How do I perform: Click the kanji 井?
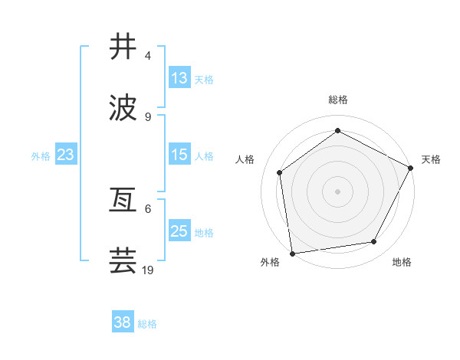tap(123, 47)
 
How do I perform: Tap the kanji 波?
tap(123, 108)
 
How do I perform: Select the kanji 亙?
tap(123, 201)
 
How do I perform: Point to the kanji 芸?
tap(123, 261)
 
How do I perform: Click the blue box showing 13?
tap(179, 78)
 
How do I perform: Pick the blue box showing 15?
tap(179, 155)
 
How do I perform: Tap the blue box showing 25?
tap(179, 231)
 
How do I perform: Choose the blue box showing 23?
tap(66, 155)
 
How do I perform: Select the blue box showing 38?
tap(123, 323)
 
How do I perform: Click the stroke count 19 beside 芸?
tap(149, 270)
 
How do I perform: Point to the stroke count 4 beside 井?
tap(148, 56)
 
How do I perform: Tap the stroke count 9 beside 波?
tap(148, 117)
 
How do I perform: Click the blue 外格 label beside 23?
tap(41, 155)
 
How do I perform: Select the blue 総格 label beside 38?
tap(147, 324)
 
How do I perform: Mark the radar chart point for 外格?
tap(292, 253)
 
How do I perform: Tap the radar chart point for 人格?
tap(280, 172)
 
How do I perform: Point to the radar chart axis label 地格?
tap(402, 263)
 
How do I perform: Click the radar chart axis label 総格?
tap(338, 100)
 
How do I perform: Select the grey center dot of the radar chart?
tap(338, 191)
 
